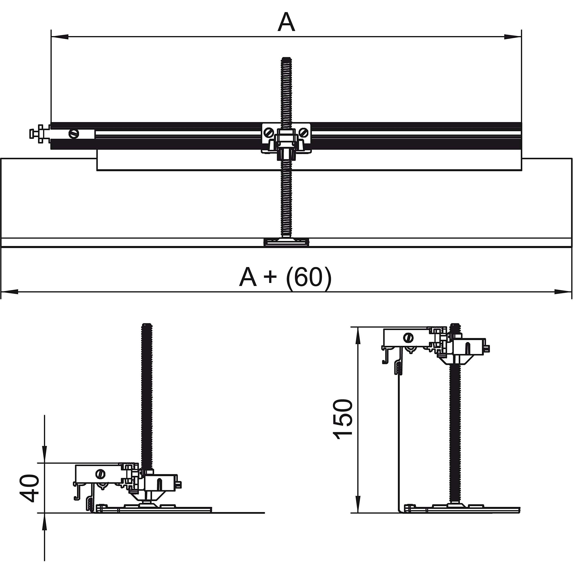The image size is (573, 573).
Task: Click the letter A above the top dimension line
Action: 286,23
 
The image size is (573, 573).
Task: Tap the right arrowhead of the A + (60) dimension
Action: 563,292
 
